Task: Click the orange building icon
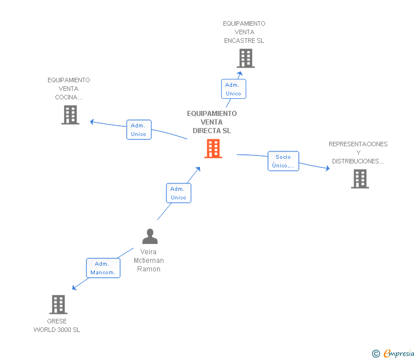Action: [213, 149]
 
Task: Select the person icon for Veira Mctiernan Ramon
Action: [150, 236]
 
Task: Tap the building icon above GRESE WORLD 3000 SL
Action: [58, 305]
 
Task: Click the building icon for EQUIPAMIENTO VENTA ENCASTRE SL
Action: [246, 58]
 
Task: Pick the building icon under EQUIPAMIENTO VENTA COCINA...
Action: [70, 115]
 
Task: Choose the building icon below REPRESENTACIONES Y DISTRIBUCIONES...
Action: [360, 179]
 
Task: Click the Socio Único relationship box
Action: [283, 161]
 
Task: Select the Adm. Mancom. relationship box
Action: [103, 268]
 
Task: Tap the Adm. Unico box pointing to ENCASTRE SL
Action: [234, 89]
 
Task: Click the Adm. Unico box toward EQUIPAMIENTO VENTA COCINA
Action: [139, 130]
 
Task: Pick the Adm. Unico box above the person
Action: [179, 193]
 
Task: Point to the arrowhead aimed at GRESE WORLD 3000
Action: [74, 287]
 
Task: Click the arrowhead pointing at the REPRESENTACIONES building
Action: [327, 168]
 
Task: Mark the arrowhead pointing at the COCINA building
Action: [92, 122]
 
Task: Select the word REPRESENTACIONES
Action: [358, 144]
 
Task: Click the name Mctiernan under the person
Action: [149, 261]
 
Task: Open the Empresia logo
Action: [393, 353]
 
